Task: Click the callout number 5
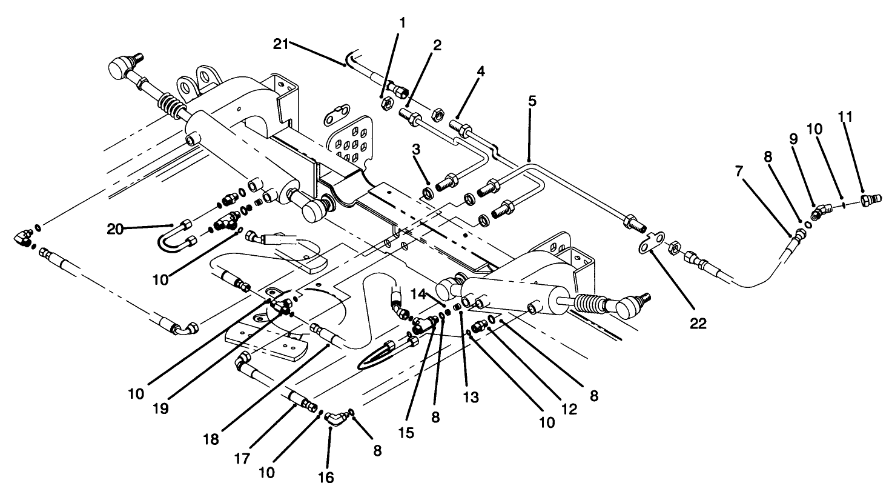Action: [532, 101]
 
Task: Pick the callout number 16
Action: [325, 478]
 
